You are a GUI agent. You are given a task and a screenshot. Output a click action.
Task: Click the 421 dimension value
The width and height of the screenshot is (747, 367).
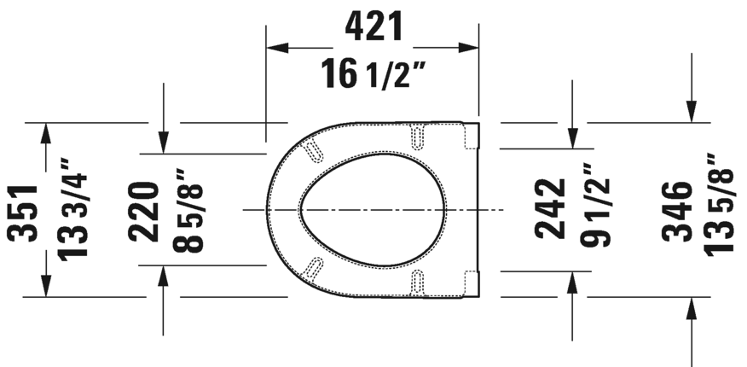click(373, 27)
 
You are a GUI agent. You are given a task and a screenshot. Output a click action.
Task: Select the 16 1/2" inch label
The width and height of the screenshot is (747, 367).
click(373, 75)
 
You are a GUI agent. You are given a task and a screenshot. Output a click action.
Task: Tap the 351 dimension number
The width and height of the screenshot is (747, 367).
click(24, 211)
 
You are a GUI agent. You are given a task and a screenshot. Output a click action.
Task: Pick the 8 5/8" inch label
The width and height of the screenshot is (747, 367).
click(193, 210)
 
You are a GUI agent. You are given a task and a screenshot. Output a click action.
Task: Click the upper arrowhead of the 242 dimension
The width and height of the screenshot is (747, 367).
click(573, 137)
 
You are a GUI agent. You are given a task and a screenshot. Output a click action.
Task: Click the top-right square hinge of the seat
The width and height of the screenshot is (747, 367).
click(470, 136)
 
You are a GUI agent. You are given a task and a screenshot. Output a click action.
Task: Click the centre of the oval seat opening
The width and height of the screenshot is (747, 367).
click(372, 209)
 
